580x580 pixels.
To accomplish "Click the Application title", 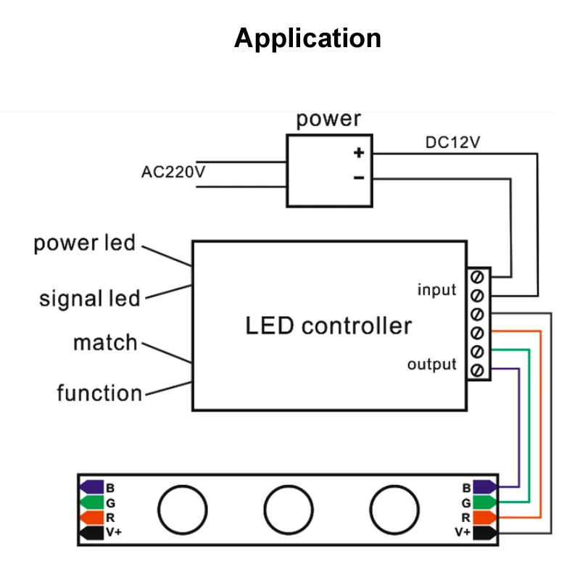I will (307, 38).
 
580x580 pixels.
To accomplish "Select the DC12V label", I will (452, 143).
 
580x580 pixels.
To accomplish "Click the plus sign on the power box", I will (358, 152).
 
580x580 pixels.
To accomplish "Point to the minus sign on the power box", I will (358, 178).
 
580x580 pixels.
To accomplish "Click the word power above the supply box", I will (328, 120).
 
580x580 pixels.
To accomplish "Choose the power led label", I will (84, 243).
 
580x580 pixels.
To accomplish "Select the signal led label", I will (89, 298).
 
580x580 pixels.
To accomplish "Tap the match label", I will (105, 342).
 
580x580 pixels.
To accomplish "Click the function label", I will (99, 393).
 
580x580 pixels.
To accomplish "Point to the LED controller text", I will (328, 326).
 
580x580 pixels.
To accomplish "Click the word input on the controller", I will (436, 290).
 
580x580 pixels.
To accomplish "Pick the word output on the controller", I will (431, 364).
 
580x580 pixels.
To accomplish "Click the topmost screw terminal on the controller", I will (477, 277).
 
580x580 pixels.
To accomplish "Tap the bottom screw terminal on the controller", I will (477, 370).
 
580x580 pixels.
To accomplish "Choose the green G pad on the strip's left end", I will (91, 502).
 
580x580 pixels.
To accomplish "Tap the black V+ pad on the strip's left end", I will (91, 533).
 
